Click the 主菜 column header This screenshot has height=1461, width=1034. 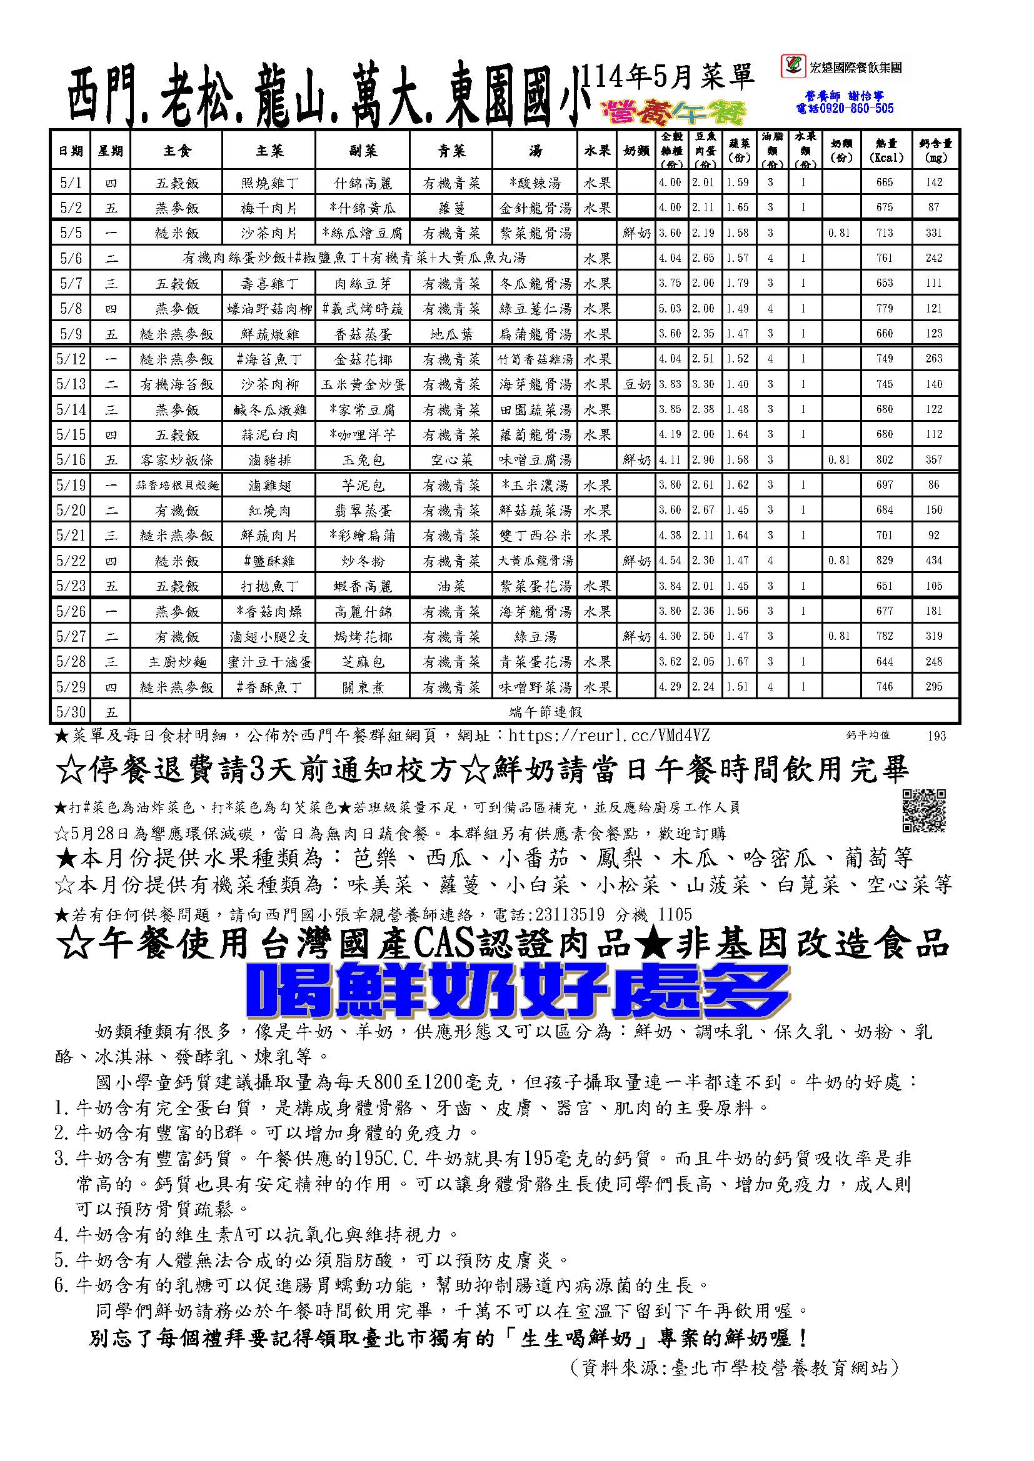(269, 150)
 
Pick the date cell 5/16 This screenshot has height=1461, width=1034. (71, 459)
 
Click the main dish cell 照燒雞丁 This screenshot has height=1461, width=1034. (269, 182)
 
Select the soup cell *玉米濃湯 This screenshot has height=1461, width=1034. (536, 486)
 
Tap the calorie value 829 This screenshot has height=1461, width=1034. (885, 561)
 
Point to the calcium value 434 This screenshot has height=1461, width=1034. (934, 561)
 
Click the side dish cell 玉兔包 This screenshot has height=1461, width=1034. (363, 459)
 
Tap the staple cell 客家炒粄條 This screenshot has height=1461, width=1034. (176, 459)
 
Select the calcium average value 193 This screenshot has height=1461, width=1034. (936, 736)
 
